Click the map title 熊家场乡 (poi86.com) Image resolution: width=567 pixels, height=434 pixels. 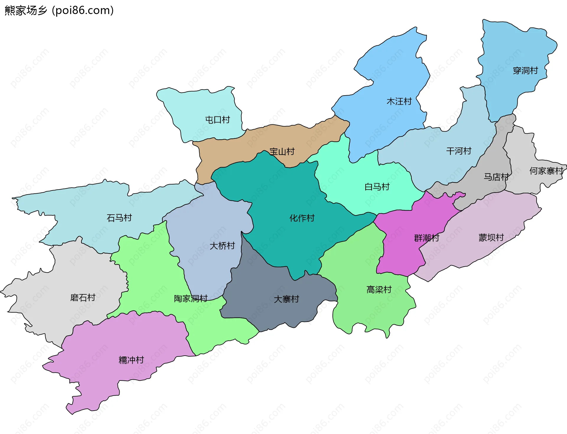coord(59,11)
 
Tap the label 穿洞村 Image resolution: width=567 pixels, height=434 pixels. coord(525,71)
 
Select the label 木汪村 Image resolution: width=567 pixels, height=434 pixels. coord(399,101)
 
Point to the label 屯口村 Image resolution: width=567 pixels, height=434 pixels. coord(217,120)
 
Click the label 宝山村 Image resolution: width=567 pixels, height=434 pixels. coord(282,152)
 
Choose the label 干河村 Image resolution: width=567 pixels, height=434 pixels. coord(459,151)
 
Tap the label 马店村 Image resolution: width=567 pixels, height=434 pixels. coord(496,177)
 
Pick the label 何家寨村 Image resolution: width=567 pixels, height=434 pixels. coord(546,171)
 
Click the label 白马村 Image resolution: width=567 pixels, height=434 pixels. coord(377,187)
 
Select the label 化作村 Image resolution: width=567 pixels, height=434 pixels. coord(302,218)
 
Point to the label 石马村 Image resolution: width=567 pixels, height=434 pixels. coord(119,218)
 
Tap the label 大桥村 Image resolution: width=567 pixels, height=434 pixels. coord(222,246)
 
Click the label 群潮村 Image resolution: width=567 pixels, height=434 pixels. coord(426,238)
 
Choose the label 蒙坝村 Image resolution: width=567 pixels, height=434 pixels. coord(491,237)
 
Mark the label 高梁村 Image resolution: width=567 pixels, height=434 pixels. coord(379,289)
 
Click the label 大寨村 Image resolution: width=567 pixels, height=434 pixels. coord(286,299)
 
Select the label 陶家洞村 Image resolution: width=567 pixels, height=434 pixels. coord(191,299)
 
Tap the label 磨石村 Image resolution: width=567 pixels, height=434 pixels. coord(83,297)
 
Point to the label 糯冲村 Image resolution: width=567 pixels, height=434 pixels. coord(131,360)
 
